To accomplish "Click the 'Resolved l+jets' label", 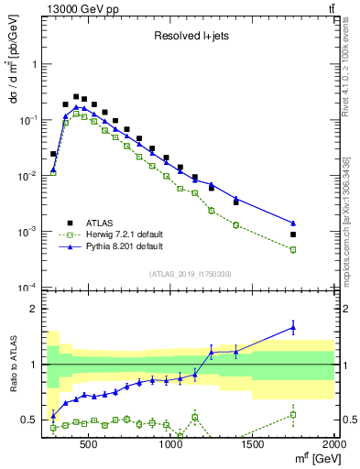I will click(x=191, y=37).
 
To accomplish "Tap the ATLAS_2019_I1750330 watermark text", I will click(x=190, y=274).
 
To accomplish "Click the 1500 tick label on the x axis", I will click(x=253, y=447).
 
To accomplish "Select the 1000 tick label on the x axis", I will click(x=171, y=447).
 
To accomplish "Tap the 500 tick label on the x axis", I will click(x=89, y=447).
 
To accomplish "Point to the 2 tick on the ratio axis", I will click(x=33, y=309).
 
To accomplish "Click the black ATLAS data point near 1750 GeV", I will click(x=293, y=234).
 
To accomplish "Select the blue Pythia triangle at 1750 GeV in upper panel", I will click(x=293, y=223).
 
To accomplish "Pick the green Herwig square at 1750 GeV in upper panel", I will click(x=293, y=249).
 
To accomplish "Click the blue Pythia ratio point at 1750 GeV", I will click(x=293, y=326).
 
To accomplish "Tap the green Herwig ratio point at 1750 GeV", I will click(x=293, y=414).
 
